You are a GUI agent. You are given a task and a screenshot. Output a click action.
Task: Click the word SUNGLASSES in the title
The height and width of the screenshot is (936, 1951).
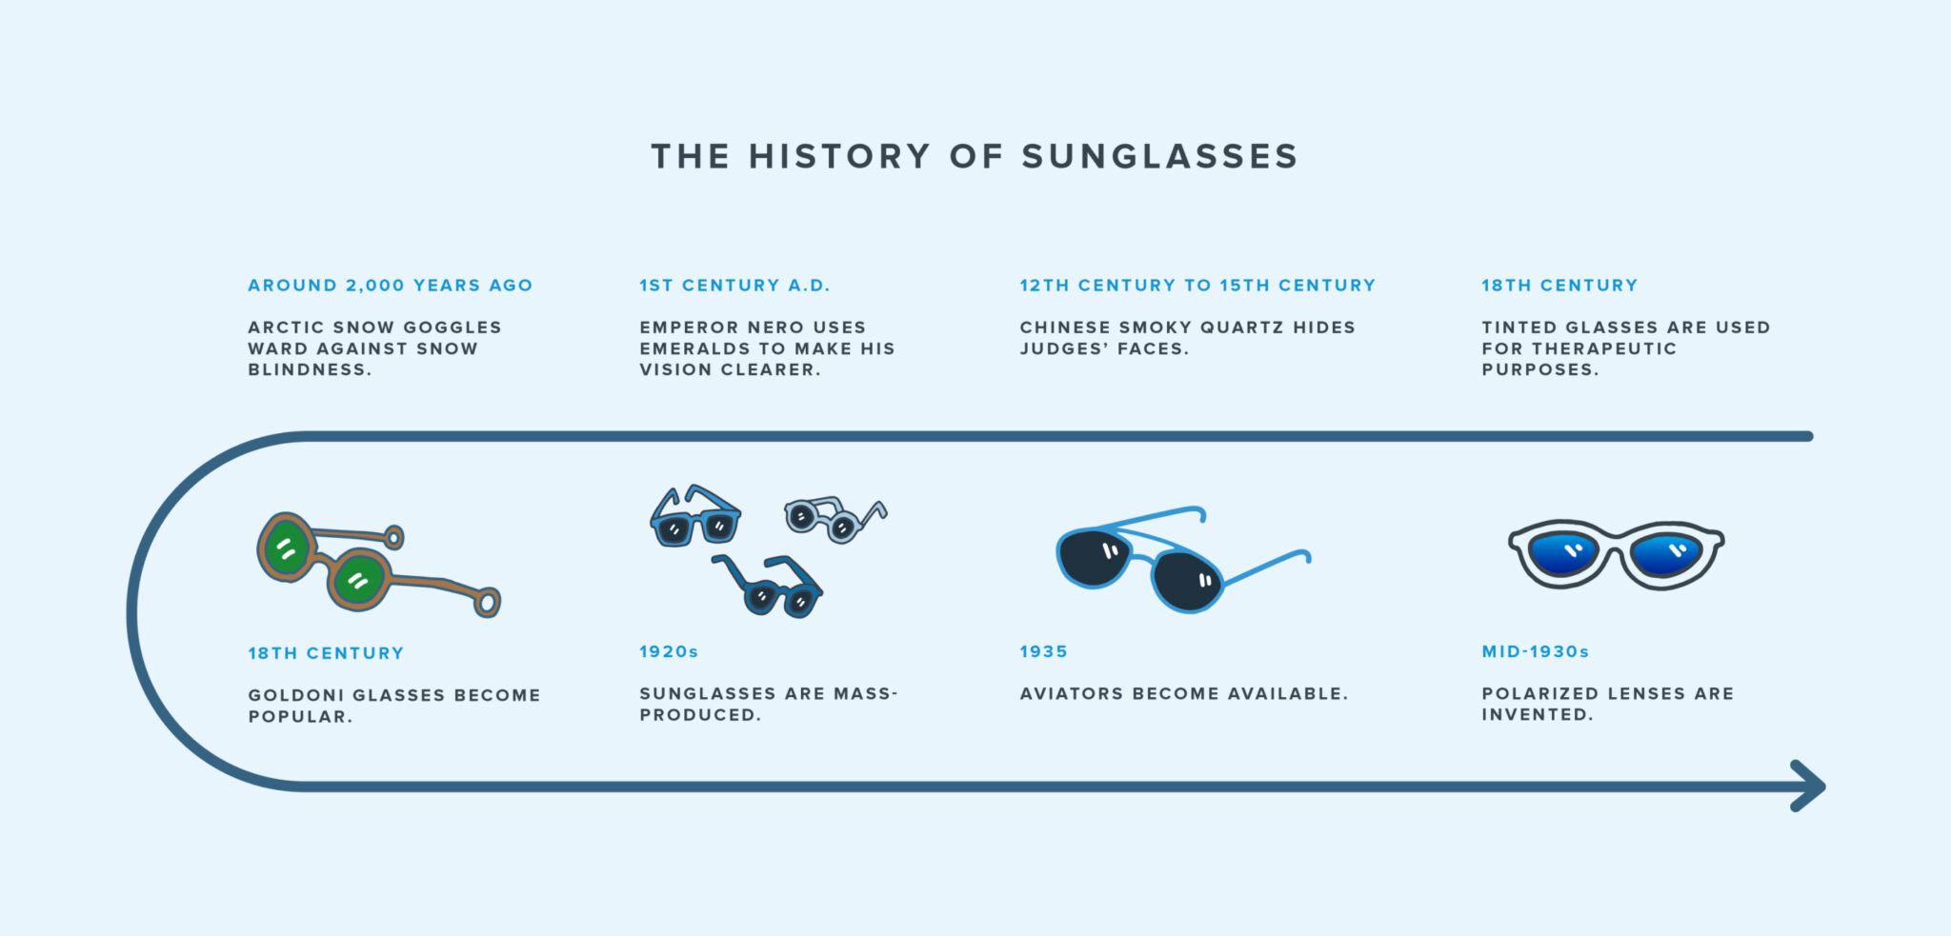[x=1159, y=157]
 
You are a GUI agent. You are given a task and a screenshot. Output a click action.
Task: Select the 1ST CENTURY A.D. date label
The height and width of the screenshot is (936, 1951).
[x=734, y=286]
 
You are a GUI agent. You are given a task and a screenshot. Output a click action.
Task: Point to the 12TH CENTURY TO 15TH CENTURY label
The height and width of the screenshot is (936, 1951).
[x=1197, y=286]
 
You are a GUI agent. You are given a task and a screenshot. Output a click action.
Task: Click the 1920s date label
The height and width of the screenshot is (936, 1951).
[x=669, y=652]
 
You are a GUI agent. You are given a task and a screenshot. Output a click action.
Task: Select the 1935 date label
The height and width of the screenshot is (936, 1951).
[x=1043, y=652]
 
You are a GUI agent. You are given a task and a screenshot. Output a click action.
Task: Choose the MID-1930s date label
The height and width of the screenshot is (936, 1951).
[x=1535, y=652]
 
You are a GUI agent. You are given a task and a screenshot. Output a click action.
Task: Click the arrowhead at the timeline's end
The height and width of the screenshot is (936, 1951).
[x=1810, y=787]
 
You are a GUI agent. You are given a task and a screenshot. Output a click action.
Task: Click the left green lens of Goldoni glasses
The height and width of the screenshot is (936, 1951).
[x=287, y=548]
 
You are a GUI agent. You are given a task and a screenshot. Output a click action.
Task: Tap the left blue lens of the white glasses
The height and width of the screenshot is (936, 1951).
[x=1564, y=554]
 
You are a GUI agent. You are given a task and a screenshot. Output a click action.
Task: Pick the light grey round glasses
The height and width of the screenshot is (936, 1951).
[x=829, y=519]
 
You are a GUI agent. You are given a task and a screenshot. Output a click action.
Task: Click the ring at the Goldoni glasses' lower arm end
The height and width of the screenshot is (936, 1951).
[x=488, y=603]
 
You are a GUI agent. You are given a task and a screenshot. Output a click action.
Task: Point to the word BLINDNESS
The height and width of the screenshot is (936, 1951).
[x=309, y=370]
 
